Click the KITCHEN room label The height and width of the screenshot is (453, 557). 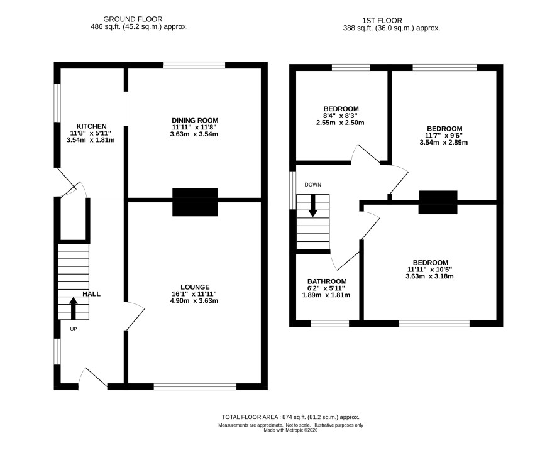pyautogui.click(x=92, y=126)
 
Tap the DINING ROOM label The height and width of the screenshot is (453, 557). pyautogui.click(x=195, y=121)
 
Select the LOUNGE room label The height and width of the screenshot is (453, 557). pyautogui.click(x=195, y=287)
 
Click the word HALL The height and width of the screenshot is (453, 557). pyautogui.click(x=91, y=294)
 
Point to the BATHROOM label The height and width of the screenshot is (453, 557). pyautogui.click(x=327, y=281)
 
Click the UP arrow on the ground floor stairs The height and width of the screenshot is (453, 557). pyautogui.click(x=73, y=308)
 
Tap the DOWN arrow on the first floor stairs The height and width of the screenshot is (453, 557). pyautogui.click(x=312, y=205)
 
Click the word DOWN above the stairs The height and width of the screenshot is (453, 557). pyautogui.click(x=313, y=185)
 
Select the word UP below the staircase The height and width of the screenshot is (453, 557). pyautogui.click(x=73, y=329)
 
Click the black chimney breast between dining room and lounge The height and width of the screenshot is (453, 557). pyautogui.click(x=195, y=202)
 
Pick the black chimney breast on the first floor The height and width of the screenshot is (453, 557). pyautogui.click(x=438, y=202)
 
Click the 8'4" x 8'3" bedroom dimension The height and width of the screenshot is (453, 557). pyautogui.click(x=340, y=116)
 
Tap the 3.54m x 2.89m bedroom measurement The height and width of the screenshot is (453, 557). pyautogui.click(x=444, y=143)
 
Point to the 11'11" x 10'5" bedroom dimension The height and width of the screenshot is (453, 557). pyautogui.click(x=429, y=270)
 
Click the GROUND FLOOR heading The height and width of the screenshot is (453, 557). pyautogui.click(x=133, y=19)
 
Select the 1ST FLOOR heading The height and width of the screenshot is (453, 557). pyautogui.click(x=382, y=21)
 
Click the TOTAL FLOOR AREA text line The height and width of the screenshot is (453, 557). pyautogui.click(x=290, y=417)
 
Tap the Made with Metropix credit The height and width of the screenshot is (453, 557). pyautogui.click(x=290, y=430)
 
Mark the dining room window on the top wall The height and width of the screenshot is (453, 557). pyautogui.click(x=194, y=65)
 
